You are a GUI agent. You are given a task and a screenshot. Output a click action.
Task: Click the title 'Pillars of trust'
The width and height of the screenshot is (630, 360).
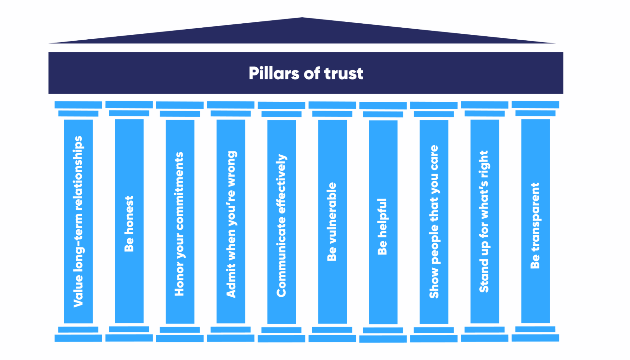[x=306, y=73]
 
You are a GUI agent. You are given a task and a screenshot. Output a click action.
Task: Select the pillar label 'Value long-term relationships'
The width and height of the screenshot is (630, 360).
[x=78, y=221]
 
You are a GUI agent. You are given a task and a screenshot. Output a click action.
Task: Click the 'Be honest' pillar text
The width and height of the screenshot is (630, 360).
[x=129, y=224]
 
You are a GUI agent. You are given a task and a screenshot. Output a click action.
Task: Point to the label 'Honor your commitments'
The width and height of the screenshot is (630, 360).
[x=179, y=224]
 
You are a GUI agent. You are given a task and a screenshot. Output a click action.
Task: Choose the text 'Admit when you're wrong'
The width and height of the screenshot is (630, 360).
[x=231, y=224]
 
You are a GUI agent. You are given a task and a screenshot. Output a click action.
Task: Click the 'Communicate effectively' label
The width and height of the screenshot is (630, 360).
[x=281, y=226]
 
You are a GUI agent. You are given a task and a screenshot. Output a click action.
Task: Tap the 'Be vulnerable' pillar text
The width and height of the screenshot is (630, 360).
[x=332, y=222]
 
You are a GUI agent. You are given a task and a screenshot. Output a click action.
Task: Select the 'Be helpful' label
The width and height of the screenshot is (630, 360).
[x=382, y=226]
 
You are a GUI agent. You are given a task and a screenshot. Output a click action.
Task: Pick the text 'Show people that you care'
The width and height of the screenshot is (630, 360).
[x=434, y=222]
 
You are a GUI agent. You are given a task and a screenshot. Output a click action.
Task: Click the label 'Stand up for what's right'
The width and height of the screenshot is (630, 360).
[x=484, y=222]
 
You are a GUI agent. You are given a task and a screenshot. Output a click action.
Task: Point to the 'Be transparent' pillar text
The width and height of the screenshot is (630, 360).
[x=535, y=226]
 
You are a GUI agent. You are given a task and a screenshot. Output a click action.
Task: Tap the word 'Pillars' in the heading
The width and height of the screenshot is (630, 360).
[x=274, y=73]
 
